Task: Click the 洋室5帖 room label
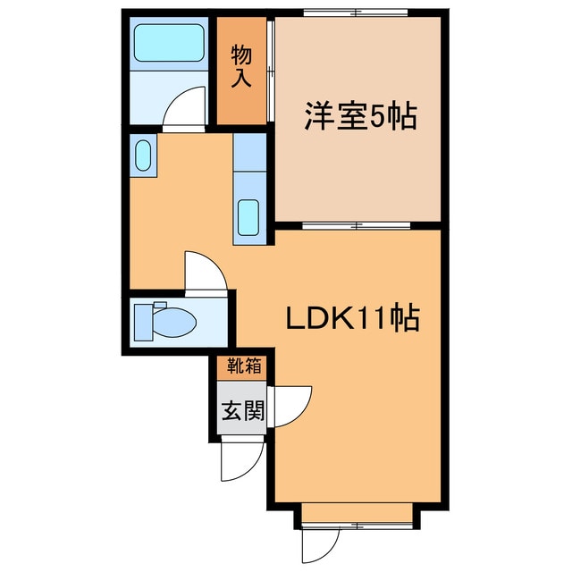(361, 117)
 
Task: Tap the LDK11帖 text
(354, 319)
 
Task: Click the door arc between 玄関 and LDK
(291, 407)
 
